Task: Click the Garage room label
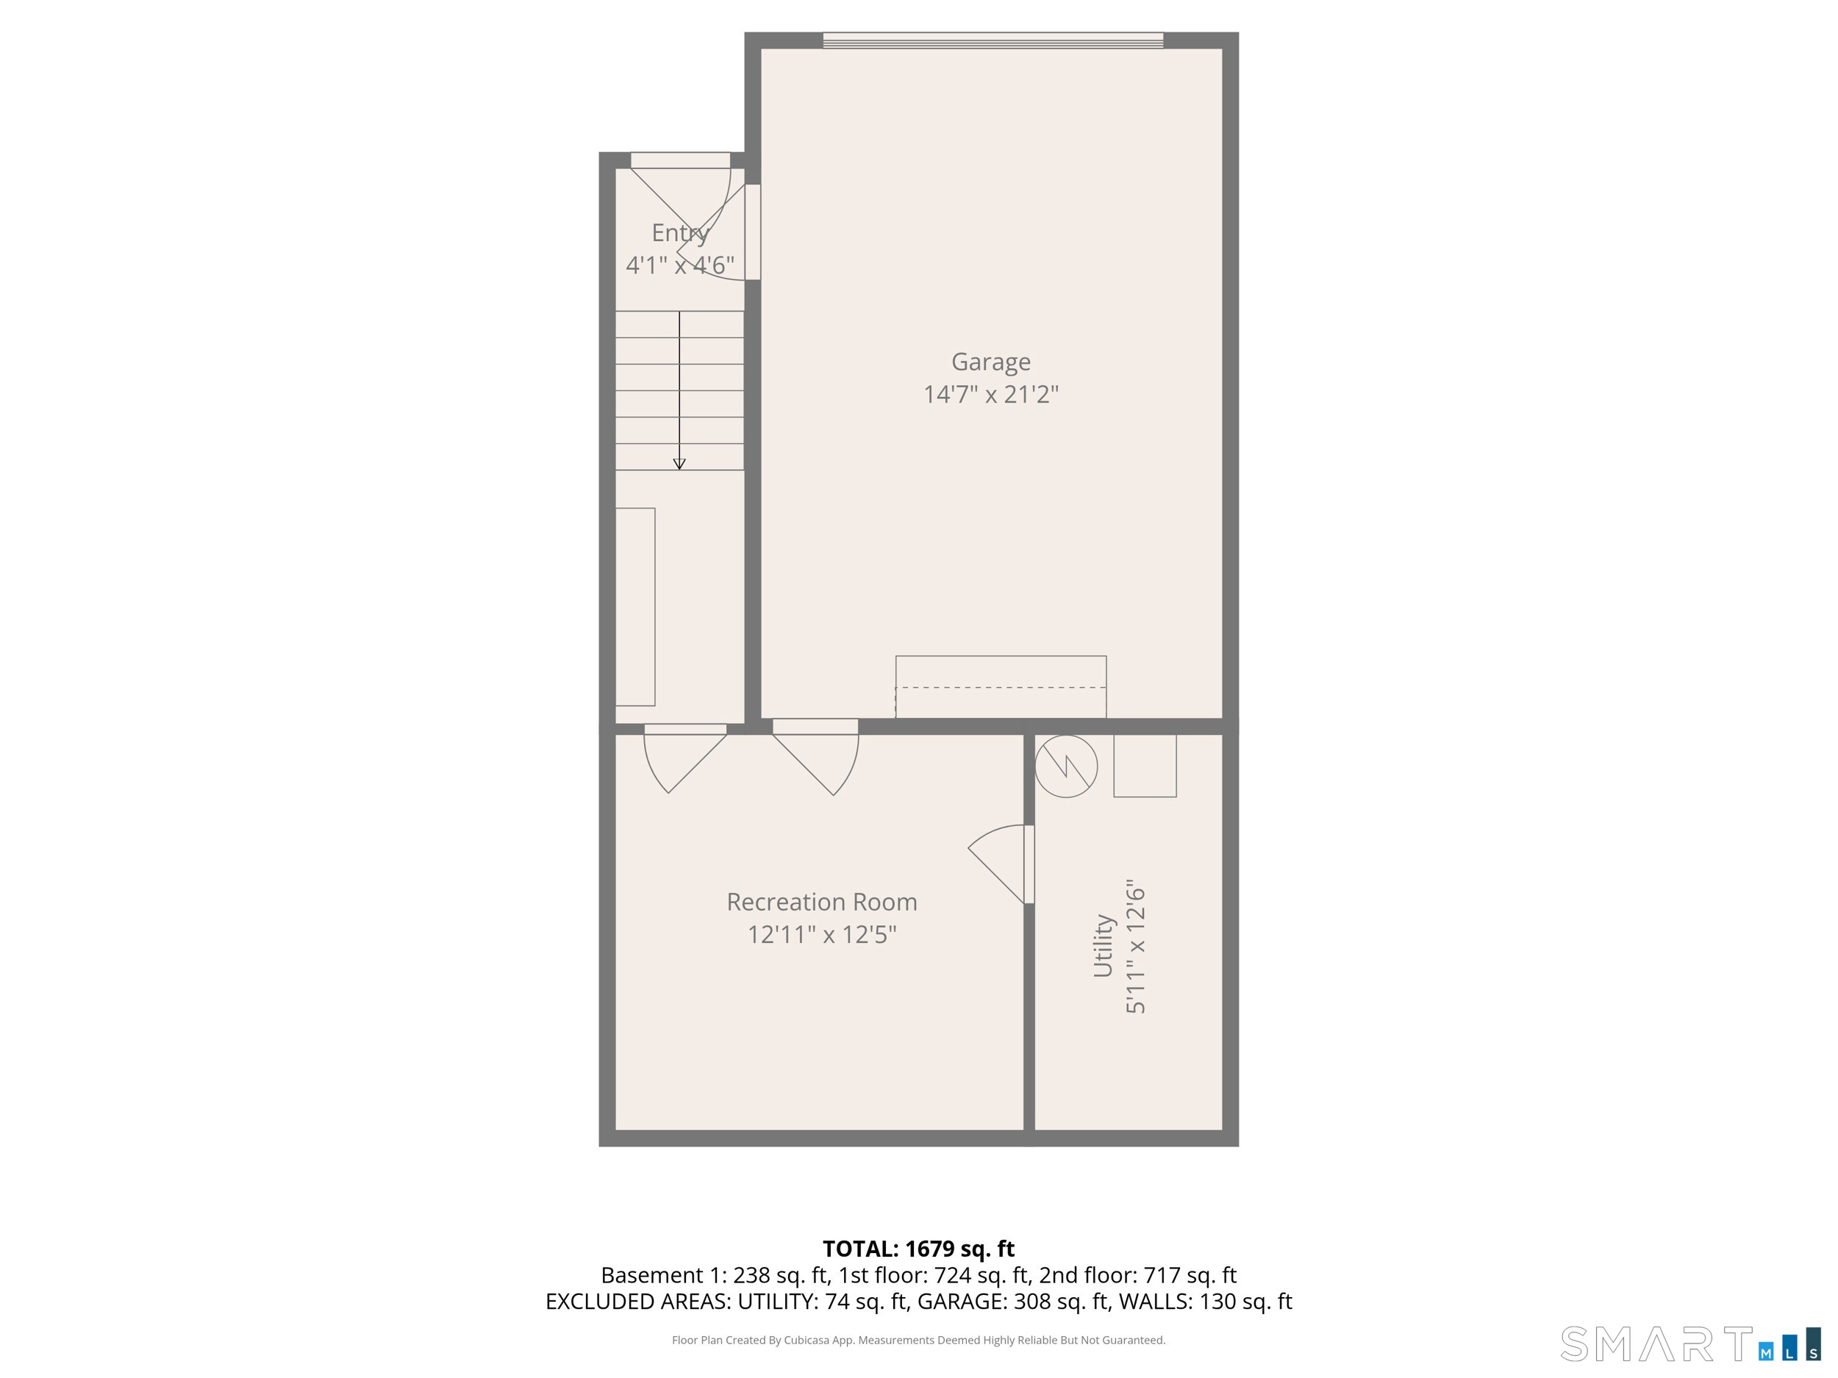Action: coord(990,362)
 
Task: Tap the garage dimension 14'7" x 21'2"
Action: coord(990,394)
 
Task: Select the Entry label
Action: coord(680,232)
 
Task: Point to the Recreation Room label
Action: coord(822,901)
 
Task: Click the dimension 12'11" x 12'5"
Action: coord(822,934)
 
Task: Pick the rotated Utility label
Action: coord(1103,945)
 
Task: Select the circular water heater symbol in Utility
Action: coord(1066,766)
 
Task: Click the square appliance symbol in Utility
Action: coord(1145,766)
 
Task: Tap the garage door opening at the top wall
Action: coord(993,40)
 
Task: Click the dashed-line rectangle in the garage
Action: coord(1001,687)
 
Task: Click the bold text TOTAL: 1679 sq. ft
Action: coord(918,1249)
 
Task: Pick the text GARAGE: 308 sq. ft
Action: coord(1013,1301)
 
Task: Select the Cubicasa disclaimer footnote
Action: coord(918,1340)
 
